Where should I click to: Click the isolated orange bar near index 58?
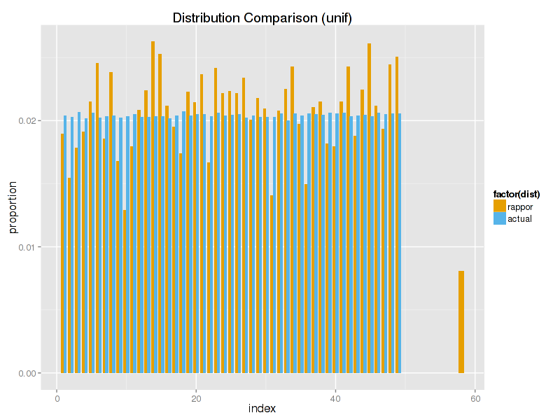coord(461,322)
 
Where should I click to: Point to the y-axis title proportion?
coord(13,206)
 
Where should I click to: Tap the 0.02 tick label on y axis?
coord(27,121)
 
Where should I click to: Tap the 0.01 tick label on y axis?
coord(27,247)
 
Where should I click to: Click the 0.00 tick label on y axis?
coord(27,373)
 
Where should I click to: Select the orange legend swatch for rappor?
coord(500,206)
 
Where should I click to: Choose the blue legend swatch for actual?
coord(500,218)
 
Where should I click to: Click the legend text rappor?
coord(520,207)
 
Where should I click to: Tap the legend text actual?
coord(519,219)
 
